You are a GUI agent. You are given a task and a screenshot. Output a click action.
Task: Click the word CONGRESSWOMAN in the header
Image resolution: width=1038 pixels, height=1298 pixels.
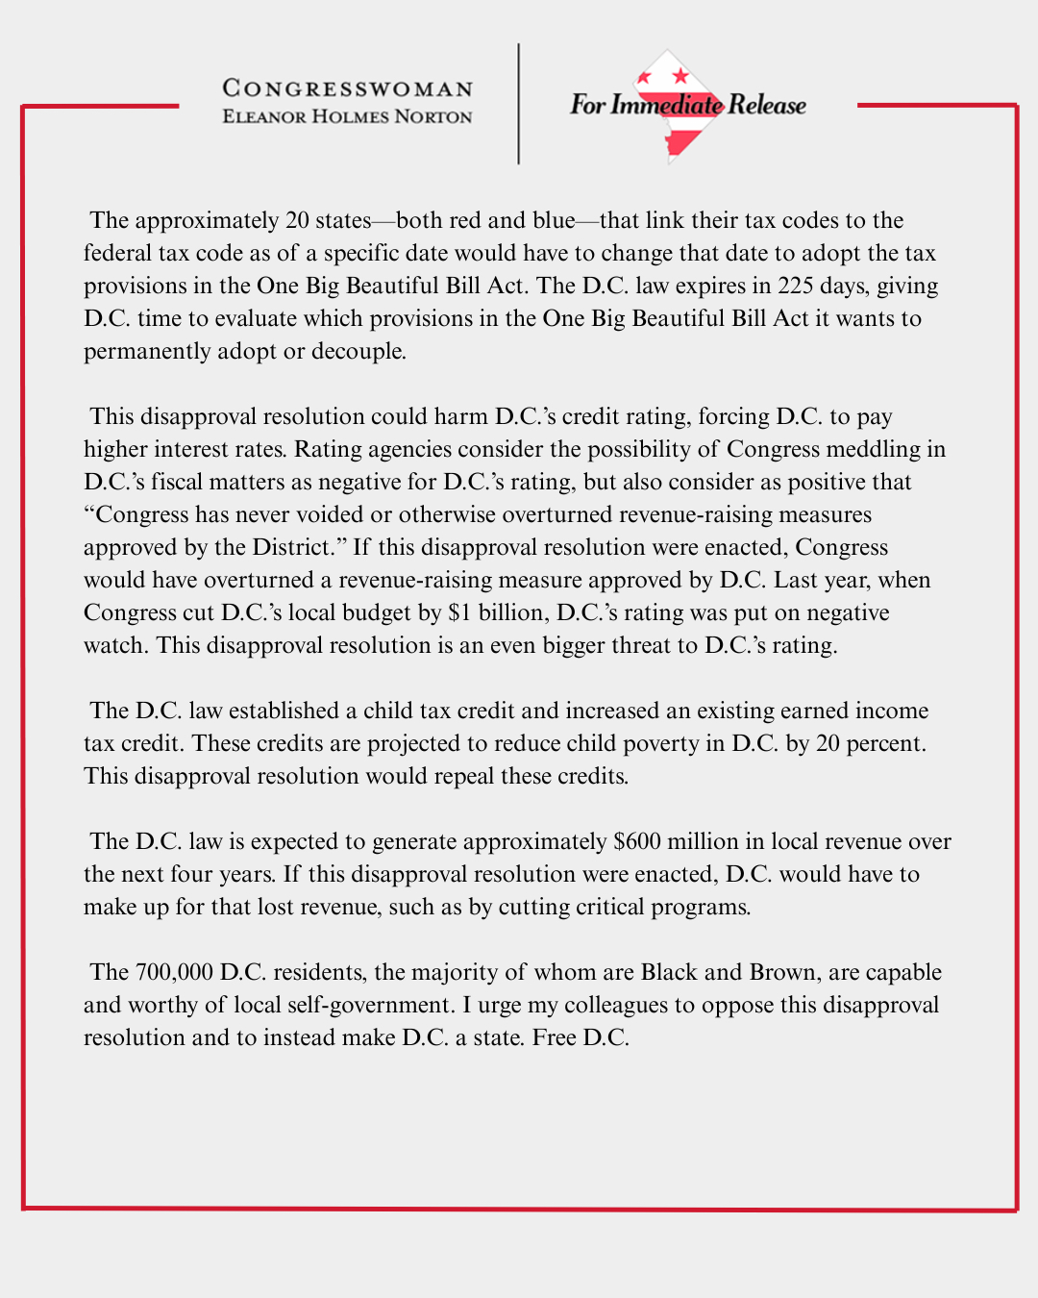coord(347,88)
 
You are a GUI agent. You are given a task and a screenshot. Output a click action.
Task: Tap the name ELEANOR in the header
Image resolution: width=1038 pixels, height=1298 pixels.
coord(264,116)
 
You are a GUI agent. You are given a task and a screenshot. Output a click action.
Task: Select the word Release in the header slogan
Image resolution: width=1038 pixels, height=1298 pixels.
coord(767,105)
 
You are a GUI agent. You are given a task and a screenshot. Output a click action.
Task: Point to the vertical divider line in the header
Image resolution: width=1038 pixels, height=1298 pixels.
coord(519,104)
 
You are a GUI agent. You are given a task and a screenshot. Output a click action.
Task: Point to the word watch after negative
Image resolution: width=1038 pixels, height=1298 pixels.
coord(113,645)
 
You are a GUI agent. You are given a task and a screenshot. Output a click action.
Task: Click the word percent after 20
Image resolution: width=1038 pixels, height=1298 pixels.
coord(885,743)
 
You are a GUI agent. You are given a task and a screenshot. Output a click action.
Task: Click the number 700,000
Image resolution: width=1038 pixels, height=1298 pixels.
coord(174,972)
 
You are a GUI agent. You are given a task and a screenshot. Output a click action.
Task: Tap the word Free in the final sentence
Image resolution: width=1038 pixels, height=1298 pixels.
coord(554,1037)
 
